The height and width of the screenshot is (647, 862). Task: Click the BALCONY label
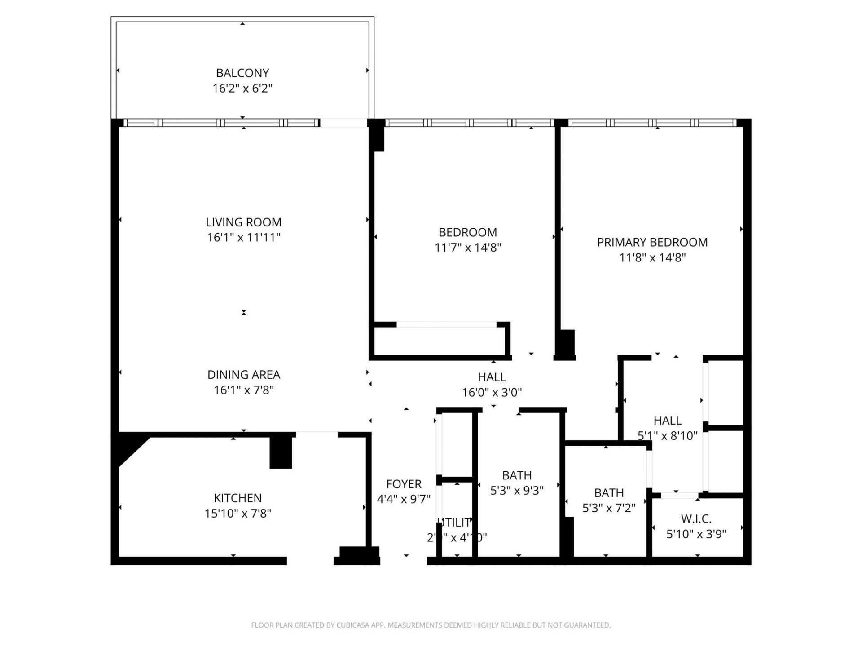242,73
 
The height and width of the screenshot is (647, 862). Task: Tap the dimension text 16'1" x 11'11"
243,237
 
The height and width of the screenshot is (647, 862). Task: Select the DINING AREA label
243,374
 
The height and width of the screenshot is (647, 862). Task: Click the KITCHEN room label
237,498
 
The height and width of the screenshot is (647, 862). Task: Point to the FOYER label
404,484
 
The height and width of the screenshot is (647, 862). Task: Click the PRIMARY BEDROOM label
652,242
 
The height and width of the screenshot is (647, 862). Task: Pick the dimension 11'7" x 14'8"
467,248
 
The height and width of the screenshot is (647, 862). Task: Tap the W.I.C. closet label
696,518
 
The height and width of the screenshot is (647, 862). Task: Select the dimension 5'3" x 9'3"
517,491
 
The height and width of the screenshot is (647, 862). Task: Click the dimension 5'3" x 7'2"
609,508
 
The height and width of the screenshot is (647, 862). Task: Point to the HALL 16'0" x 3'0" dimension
492,392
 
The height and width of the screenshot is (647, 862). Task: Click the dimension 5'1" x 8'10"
667,435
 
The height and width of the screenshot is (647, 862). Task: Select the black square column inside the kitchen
281,452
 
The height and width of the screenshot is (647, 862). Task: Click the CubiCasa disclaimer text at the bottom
431,625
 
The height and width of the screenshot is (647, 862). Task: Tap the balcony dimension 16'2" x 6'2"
242,88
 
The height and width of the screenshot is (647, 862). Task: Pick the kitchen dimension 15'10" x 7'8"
237,513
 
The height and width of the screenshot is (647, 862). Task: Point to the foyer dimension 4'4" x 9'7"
404,499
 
